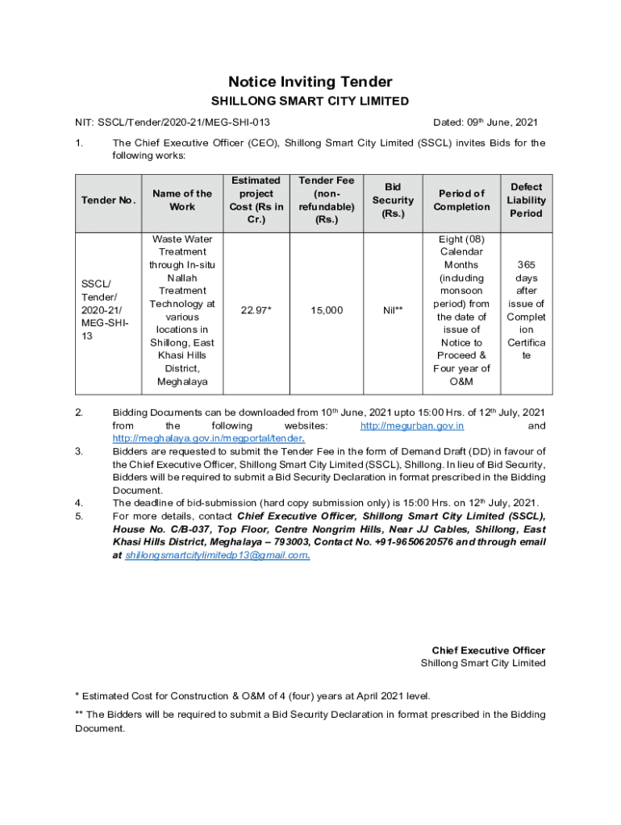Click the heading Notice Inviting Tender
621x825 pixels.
tap(310, 81)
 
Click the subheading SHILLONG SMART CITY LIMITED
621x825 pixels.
tap(310, 102)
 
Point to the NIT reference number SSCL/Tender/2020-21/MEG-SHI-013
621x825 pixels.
tap(184, 122)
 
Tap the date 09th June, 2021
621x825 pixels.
tap(485, 122)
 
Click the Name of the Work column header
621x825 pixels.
tap(182, 200)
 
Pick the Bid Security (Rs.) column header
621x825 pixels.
tap(393, 200)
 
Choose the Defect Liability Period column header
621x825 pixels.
tap(526, 200)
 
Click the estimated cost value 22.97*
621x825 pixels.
tap(256, 310)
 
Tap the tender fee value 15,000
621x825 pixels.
tap(327, 310)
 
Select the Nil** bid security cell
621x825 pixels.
tap(393, 310)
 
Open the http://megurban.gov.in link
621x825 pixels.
tap(411, 425)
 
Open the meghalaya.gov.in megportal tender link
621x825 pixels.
tap(207, 438)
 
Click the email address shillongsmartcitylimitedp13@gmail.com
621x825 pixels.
tap(217, 556)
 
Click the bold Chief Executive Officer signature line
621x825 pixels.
tap(488, 650)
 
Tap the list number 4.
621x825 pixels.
tap(78, 503)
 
